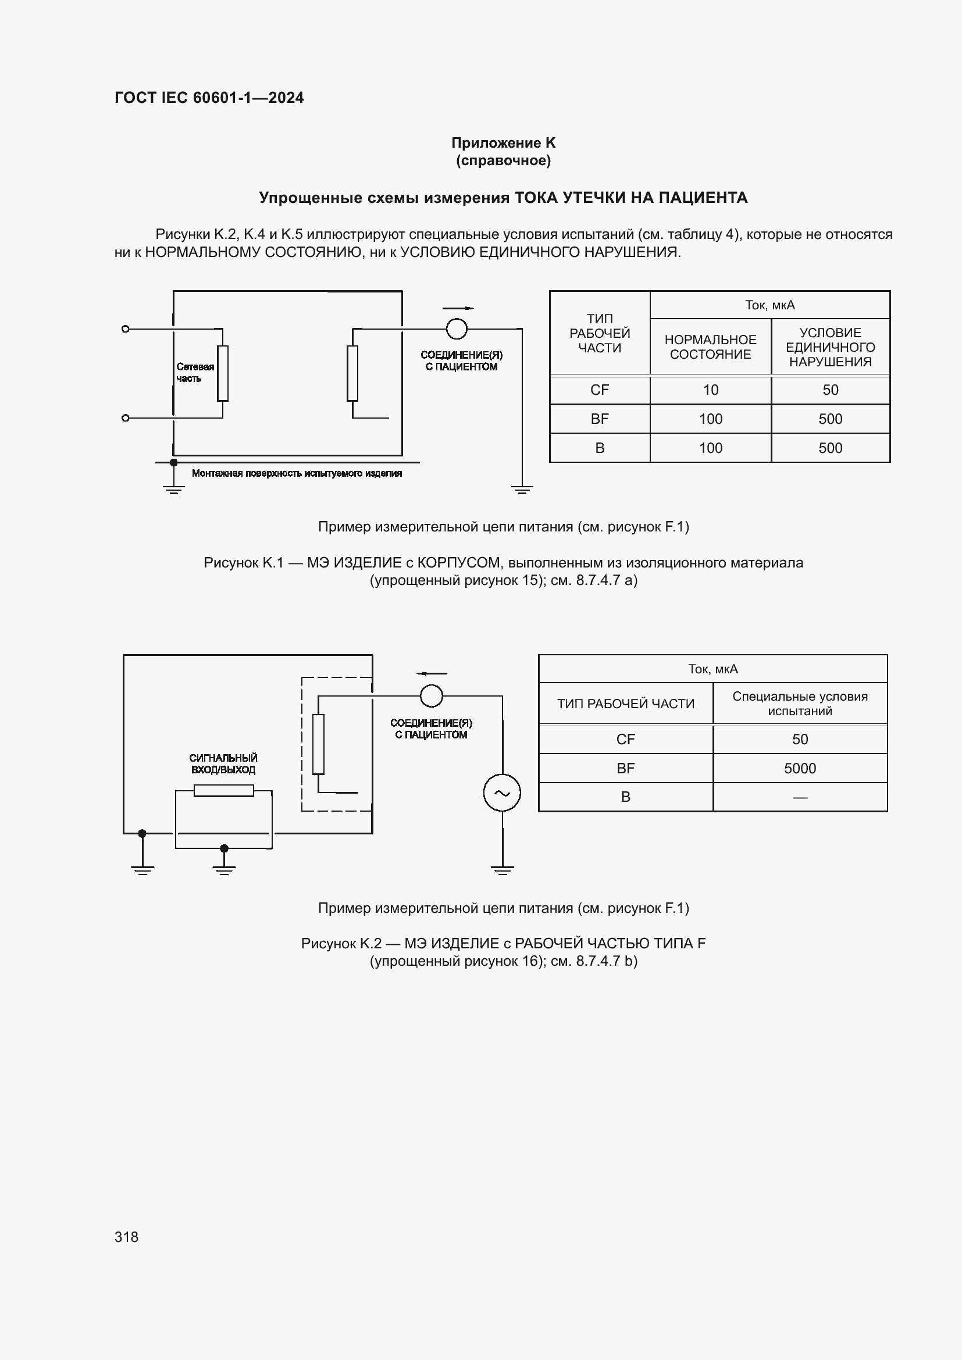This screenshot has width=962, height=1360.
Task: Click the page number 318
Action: pos(126,1236)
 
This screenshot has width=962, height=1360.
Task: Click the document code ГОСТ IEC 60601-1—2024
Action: pos(209,98)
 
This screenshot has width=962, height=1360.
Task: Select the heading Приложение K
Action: pos(503,143)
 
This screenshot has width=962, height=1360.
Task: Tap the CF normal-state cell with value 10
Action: pos(710,390)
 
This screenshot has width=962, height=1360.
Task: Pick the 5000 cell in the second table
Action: pos(800,768)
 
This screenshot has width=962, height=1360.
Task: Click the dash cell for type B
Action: pos(800,797)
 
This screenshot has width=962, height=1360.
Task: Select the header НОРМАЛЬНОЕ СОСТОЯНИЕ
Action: pos(710,347)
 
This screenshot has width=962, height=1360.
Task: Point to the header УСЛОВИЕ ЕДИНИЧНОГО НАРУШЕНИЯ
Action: pos(830,347)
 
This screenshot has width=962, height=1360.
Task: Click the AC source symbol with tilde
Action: pos(502,793)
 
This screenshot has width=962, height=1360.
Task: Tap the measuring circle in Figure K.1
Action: pos(456,329)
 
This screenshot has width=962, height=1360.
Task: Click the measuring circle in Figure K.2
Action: pos(431,695)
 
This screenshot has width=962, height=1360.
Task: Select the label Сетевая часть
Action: pos(194,373)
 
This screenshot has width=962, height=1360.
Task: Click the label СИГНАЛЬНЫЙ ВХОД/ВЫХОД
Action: pos(223,763)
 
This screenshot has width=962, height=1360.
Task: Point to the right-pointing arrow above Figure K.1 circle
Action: pos(458,308)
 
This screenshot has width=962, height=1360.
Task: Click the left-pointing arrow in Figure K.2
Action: pos(431,673)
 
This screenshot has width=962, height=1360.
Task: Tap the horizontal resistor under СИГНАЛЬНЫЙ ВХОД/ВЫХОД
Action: pos(224,790)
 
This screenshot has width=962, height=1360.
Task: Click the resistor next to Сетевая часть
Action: pos(223,373)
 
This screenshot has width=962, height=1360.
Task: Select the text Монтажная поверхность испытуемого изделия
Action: pos(297,473)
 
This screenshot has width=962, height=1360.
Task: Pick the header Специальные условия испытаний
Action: pos(800,703)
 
